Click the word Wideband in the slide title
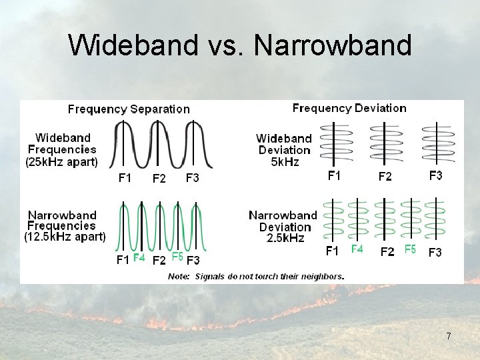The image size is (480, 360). (x=133, y=45)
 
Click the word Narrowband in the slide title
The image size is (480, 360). (x=333, y=45)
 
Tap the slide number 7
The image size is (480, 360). (x=449, y=336)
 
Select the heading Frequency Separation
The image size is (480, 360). (x=129, y=109)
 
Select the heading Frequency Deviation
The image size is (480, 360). (x=349, y=108)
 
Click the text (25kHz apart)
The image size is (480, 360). (x=62, y=162)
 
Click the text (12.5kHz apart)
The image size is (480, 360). (x=65, y=237)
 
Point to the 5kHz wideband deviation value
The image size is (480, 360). (x=283, y=161)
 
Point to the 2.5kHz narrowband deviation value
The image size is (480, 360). (x=283, y=238)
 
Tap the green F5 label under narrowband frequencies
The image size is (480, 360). (x=177, y=257)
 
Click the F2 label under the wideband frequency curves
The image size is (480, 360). (x=159, y=178)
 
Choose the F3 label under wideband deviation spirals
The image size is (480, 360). (x=435, y=175)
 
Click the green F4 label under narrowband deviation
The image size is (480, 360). (x=357, y=249)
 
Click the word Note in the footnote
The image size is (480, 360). (x=179, y=276)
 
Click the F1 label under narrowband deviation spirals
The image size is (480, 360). (x=332, y=251)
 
